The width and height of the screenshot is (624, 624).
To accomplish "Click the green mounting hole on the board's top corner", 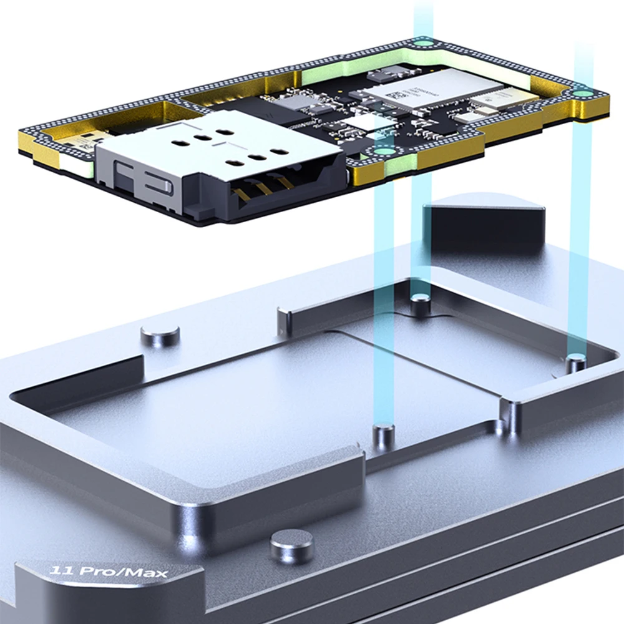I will (x=424, y=43).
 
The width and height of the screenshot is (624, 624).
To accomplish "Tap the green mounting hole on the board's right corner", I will (x=582, y=94).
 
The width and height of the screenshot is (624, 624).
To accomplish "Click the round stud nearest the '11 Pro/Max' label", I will (x=291, y=545).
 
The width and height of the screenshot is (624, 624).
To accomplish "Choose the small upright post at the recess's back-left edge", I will (x=283, y=321).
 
